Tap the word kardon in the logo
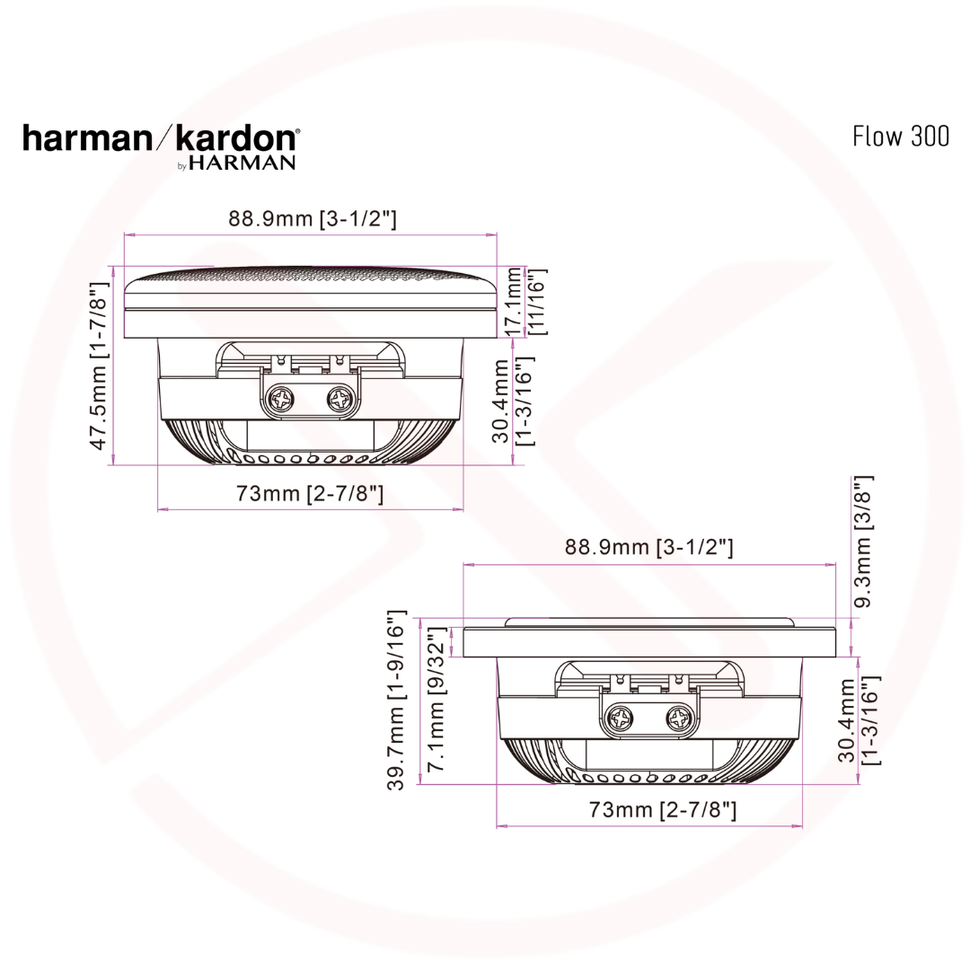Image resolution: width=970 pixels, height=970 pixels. tap(236, 138)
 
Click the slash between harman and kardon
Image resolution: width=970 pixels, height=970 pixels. tap(163, 138)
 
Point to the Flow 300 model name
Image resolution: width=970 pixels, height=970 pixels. tap(900, 136)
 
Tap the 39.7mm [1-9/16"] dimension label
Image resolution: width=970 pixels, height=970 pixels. tap(396, 701)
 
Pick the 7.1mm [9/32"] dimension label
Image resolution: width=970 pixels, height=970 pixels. tap(437, 704)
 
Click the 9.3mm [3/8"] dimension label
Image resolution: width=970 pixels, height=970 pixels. tap(863, 542)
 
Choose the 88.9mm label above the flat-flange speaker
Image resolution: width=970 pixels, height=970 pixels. tap(650, 547)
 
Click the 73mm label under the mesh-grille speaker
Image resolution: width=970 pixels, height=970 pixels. tap(310, 493)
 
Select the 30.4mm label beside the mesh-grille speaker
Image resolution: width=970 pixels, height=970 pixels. tap(514, 401)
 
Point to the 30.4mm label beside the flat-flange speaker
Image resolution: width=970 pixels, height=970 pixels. tap(857, 719)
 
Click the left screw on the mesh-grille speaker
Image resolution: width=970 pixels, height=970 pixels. tap(282, 400)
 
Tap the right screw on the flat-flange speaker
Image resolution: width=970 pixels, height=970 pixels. tap(680, 717)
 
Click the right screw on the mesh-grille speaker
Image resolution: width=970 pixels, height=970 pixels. tap(340, 399)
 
